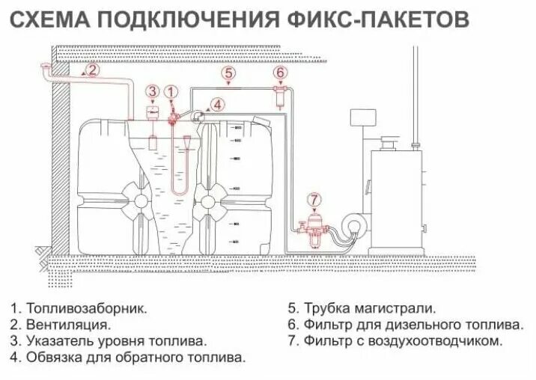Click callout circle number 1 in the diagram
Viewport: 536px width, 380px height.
coord(174,91)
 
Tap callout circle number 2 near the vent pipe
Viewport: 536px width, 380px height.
coord(91,70)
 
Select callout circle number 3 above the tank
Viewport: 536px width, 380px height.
coord(153,92)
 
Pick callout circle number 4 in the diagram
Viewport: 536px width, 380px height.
coord(218,104)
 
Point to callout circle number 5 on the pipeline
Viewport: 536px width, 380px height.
coord(229,73)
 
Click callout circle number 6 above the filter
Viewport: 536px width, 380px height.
coord(280,73)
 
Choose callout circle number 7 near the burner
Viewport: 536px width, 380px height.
coord(314,200)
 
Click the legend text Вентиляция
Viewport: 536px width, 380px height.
coord(69,325)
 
